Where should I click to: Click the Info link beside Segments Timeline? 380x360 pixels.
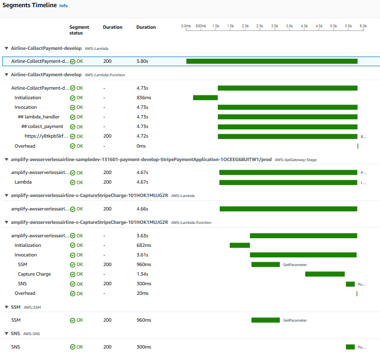coord(63,6)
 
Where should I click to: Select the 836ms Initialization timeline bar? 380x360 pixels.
coord(205,98)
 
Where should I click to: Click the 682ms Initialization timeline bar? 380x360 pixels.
coord(240,245)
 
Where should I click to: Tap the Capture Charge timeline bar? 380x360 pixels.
coord(325,274)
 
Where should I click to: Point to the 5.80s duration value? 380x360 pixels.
coord(142,61)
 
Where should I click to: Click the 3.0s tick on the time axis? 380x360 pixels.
coord(274,25)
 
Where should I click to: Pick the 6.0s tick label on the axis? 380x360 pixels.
coord(363,25)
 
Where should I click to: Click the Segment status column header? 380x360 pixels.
coord(79,30)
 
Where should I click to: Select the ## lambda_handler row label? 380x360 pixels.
coord(39,117)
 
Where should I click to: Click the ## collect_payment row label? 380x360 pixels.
coord(42,127)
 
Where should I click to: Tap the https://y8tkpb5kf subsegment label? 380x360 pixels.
coord(46,136)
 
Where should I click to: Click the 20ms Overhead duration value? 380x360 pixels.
coord(142,293)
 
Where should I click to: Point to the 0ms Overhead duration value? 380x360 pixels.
coord(141,146)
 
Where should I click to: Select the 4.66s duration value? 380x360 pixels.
coord(142,209)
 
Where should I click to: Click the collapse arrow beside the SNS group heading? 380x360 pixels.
coord(6,333)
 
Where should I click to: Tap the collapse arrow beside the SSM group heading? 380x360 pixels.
coord(6,307)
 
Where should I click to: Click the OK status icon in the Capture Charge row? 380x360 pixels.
coord(72,274)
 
